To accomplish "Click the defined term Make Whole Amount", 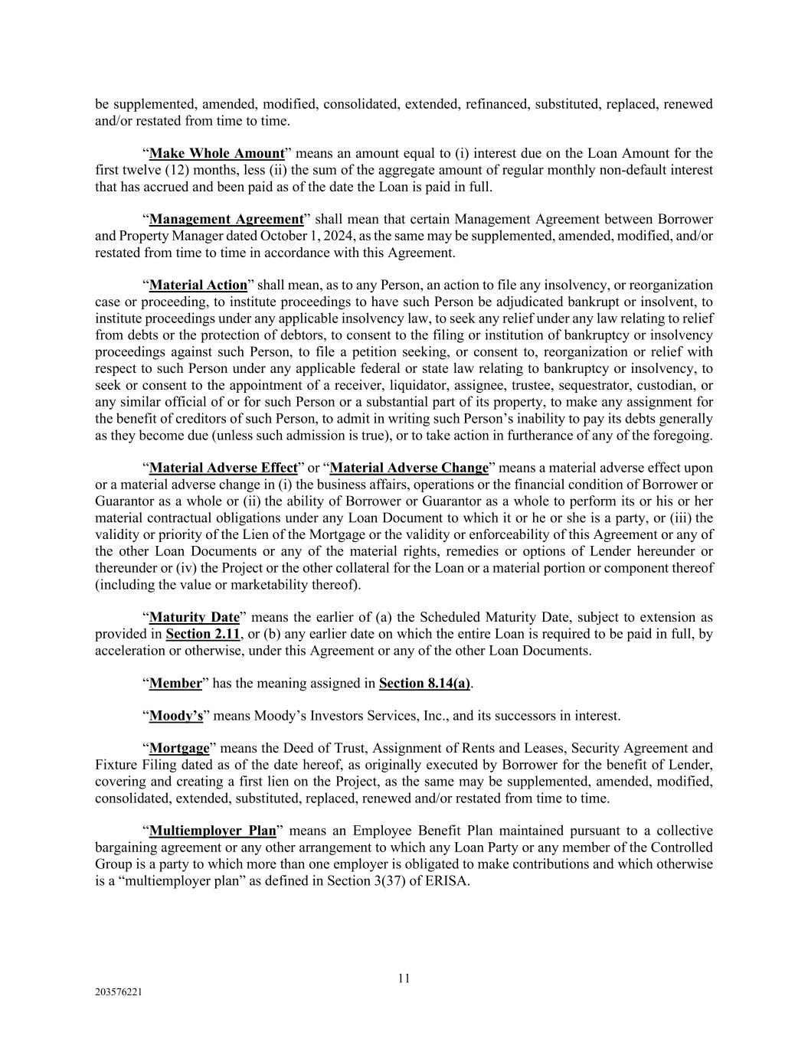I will coord(217,153).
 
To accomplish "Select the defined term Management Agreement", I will coord(226,219).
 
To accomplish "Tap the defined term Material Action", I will coord(198,286).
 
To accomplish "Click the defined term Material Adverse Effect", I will coord(223,468).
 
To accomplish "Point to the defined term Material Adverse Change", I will coord(409,468).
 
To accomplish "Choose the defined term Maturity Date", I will coord(195,617).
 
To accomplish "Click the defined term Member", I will coord(175,683).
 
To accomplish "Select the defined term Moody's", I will coord(176,716).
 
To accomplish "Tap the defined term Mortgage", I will coord(179,749).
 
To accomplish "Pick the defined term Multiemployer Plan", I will coord(212,831).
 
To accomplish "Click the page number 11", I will coord(404,978).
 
